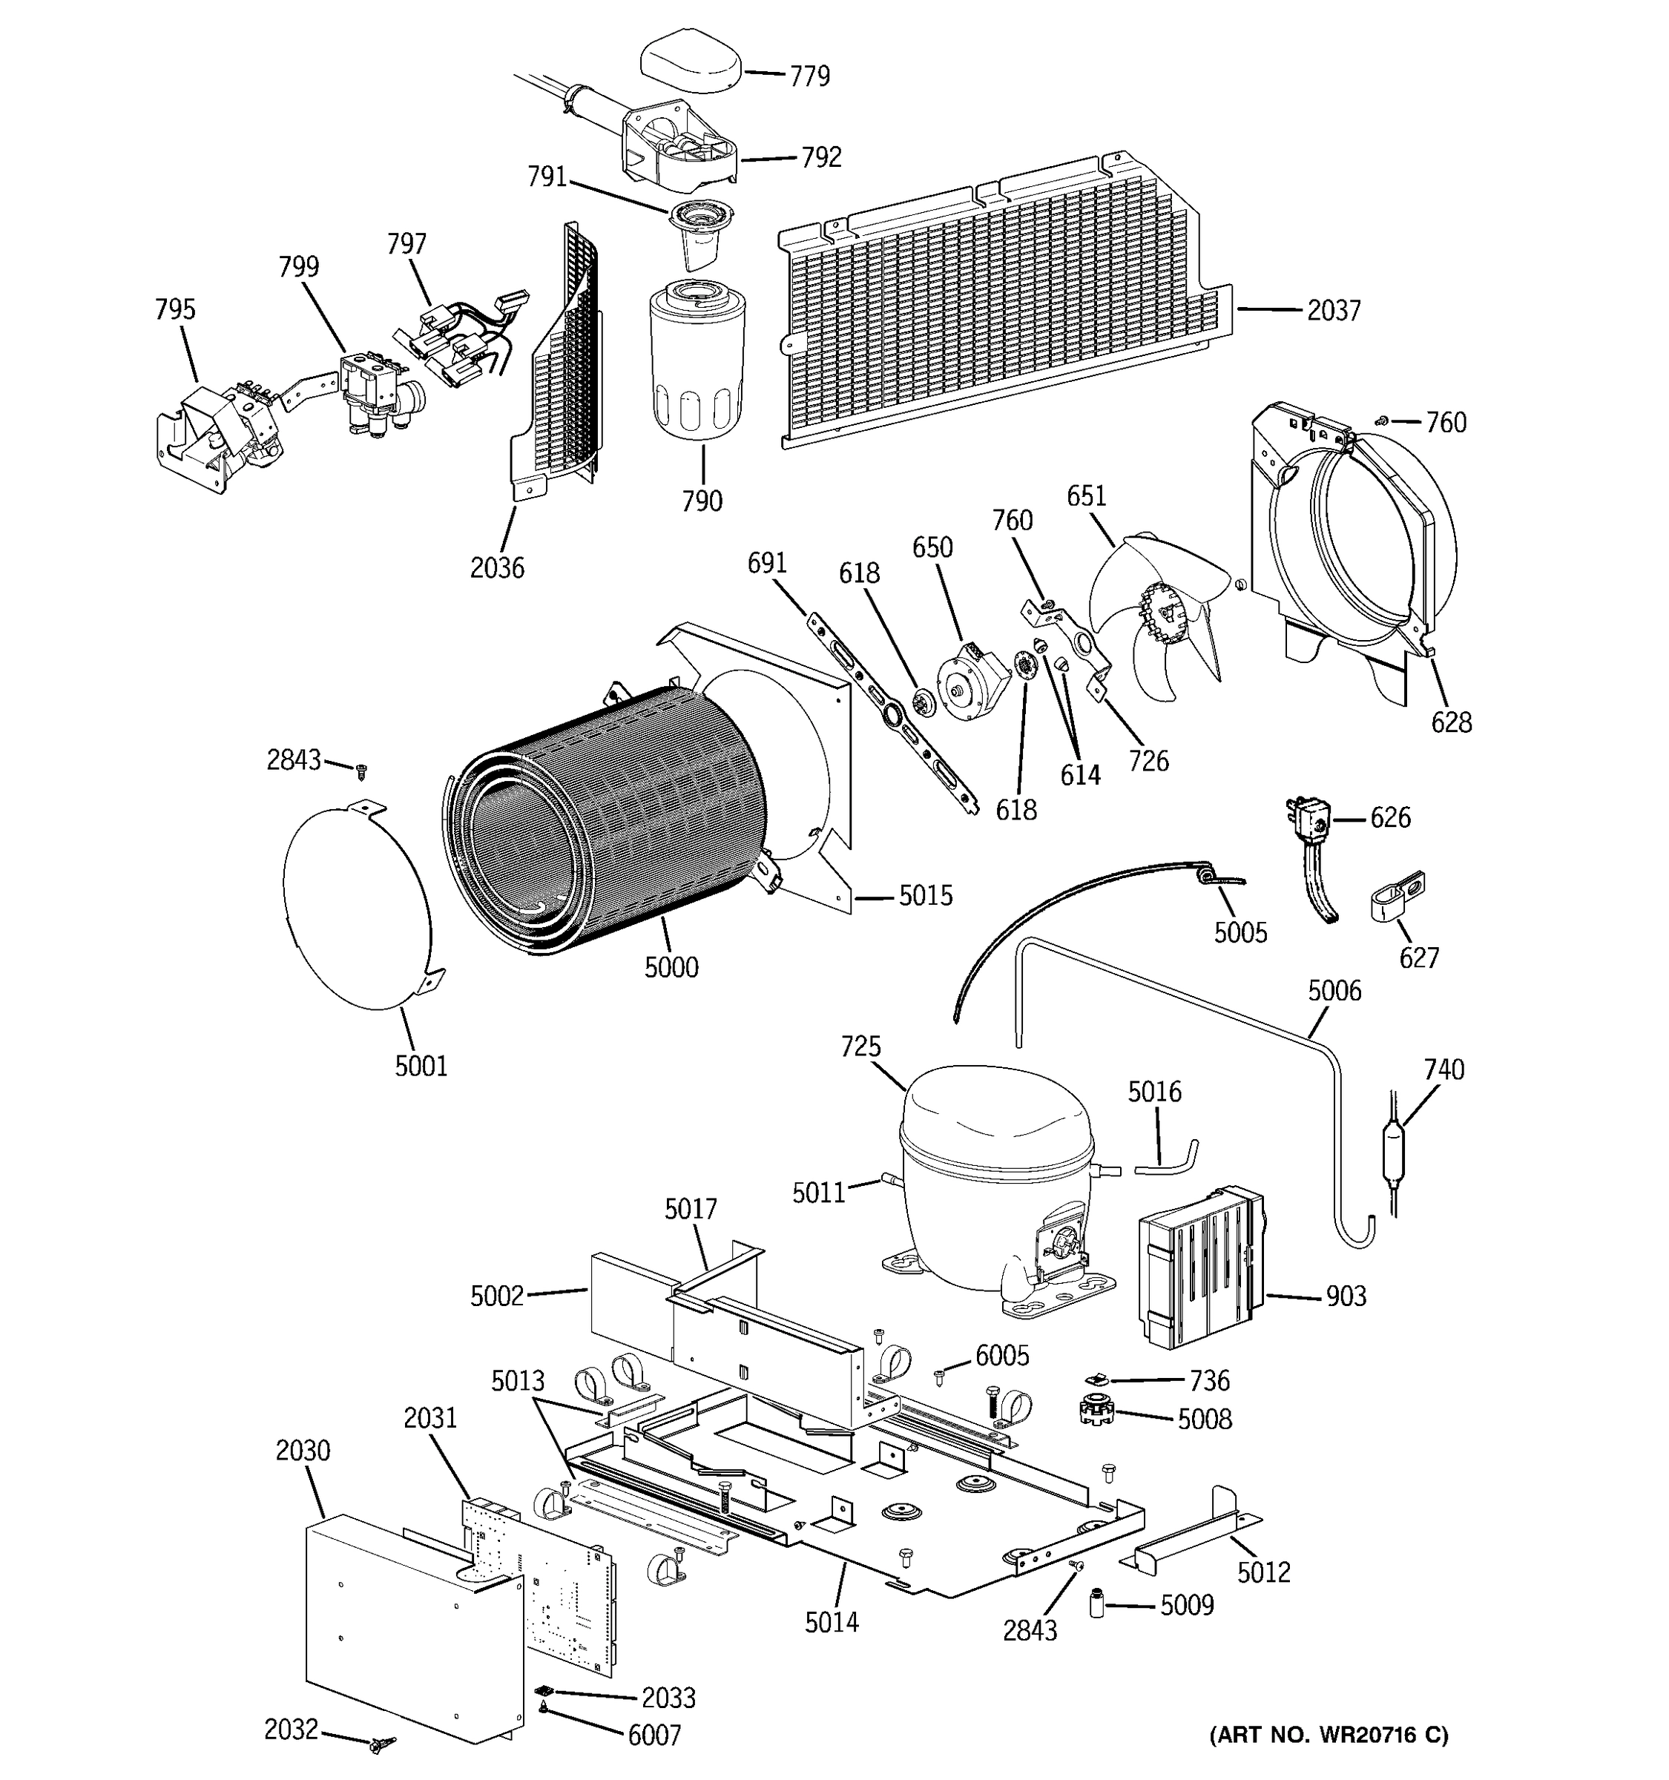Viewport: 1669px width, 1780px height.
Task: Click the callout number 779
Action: (809, 76)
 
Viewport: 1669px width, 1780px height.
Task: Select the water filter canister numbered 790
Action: (697, 367)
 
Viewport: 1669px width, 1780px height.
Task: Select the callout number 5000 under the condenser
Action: (671, 967)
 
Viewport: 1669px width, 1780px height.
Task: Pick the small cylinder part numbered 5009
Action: (1096, 1603)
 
